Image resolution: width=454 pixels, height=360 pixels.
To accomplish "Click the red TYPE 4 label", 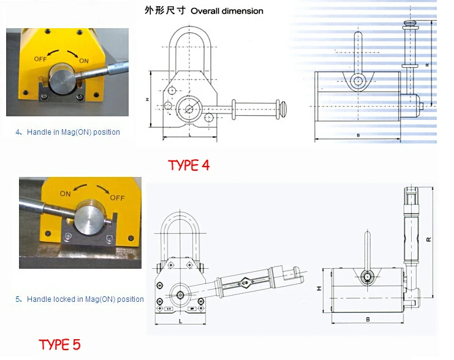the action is [x=189, y=165].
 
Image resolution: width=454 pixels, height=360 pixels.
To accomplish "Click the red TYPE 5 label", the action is [x=59, y=345].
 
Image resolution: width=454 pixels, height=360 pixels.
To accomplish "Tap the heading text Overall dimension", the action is [x=227, y=11].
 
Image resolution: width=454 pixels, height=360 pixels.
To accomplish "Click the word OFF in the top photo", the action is [x=40, y=59].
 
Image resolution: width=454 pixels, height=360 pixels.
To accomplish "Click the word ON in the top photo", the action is [x=84, y=61].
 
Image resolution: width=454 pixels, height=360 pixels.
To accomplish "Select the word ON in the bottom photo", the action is [x=65, y=193].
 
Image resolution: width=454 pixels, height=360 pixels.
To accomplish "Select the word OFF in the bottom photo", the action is [x=117, y=198].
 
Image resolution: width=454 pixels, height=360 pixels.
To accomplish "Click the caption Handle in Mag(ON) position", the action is [x=74, y=132].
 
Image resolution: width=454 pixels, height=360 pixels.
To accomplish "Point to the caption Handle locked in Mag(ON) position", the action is [x=85, y=299].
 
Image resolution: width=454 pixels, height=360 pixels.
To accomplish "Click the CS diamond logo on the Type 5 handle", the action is [x=245, y=283].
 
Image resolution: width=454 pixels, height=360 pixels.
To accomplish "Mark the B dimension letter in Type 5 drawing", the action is [x=368, y=320].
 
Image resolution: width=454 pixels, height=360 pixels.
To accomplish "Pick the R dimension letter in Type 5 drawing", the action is [x=429, y=239].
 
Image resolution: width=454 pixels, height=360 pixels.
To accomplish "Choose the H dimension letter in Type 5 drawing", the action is [x=319, y=288].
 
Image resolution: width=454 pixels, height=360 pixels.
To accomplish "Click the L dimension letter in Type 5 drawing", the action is [x=180, y=321].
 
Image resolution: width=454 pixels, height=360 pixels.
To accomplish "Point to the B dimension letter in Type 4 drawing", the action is [x=358, y=135].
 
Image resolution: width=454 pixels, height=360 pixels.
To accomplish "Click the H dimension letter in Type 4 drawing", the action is [x=148, y=100].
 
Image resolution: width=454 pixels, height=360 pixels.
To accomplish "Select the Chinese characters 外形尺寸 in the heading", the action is [x=165, y=10].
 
